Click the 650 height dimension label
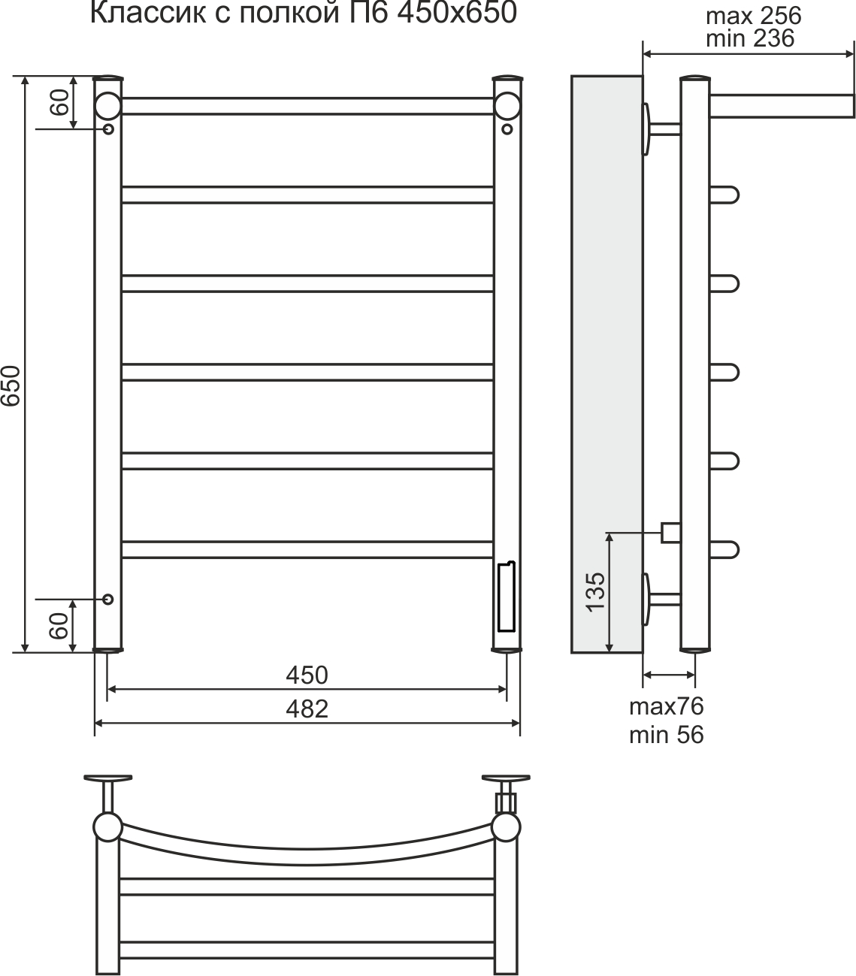click(x=11, y=385)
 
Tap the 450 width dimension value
click(x=307, y=675)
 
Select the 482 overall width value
click(x=307, y=709)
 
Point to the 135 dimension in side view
click(x=596, y=592)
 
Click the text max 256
click(x=753, y=16)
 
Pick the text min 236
click(x=750, y=38)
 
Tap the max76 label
click(x=667, y=706)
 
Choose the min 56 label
click(x=667, y=735)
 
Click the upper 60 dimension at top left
click(x=60, y=102)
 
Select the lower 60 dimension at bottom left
click(x=60, y=626)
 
